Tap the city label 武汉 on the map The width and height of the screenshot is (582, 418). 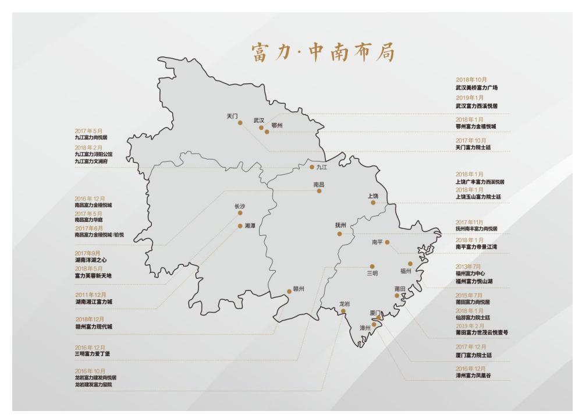tap(259, 121)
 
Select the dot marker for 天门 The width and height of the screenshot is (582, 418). tap(240, 123)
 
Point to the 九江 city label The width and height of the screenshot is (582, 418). tap(322, 168)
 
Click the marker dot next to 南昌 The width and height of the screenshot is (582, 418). tap(319, 191)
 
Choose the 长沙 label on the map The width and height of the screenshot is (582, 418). tap(240, 206)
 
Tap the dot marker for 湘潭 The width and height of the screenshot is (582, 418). tap(240, 226)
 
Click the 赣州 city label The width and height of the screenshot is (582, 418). tap(299, 288)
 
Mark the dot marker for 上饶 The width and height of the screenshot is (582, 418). tap(373, 203)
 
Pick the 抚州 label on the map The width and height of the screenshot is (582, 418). tap(340, 225)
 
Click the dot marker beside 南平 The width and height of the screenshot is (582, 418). tap(387, 242)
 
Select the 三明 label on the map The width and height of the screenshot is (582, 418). tap(372, 273)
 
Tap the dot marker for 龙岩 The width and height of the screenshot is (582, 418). tap(343, 311)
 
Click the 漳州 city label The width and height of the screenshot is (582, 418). tap(365, 328)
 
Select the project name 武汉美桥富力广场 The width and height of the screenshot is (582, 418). tap(477, 87)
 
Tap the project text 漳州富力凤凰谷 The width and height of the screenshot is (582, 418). tap(473, 376)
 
